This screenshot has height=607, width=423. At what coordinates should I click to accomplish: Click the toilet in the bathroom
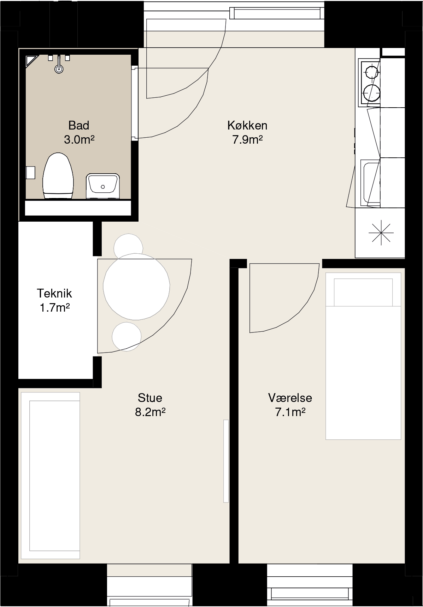point(58,176)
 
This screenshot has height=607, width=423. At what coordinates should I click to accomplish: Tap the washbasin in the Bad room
point(103,186)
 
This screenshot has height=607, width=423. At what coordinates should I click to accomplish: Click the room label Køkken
point(247,125)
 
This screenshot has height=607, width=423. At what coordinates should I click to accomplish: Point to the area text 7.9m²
point(247,140)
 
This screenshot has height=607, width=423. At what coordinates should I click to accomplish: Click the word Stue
point(150,398)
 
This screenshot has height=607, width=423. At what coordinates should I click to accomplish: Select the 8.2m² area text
point(150,412)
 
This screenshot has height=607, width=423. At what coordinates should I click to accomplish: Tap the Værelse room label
point(290,398)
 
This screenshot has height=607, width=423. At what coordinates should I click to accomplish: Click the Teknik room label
point(54,293)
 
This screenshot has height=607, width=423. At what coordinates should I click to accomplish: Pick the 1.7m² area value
point(54,308)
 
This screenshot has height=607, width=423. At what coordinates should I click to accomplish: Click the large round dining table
point(136,287)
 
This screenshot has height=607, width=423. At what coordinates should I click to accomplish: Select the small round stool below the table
point(127,337)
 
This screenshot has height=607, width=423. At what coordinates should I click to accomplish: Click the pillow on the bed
point(363,292)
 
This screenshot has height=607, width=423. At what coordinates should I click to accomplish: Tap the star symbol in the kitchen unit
point(381,233)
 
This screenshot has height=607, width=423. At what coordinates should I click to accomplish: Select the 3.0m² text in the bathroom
point(79,140)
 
